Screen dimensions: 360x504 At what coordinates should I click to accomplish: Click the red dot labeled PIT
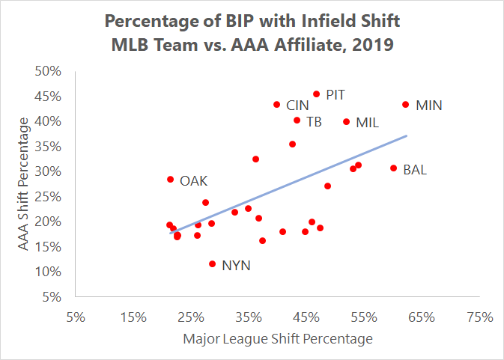coord(316,94)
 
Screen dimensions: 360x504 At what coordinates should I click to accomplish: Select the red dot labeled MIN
coord(405,105)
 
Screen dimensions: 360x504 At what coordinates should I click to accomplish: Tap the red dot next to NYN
coord(212,263)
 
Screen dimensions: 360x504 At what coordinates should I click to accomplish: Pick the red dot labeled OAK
coord(170,180)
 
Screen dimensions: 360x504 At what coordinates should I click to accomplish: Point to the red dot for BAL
coord(393,168)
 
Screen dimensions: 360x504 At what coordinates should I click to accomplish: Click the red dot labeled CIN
coord(276,105)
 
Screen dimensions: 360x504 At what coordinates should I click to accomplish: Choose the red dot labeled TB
coord(297,120)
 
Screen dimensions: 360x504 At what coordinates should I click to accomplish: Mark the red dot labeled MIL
coord(346,121)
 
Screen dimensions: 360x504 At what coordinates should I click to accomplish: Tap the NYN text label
coord(236,265)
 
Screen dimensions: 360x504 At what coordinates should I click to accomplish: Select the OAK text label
coord(193,180)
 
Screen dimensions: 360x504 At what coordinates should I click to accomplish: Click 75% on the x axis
coord(480,317)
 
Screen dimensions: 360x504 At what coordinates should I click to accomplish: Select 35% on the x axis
coord(249,317)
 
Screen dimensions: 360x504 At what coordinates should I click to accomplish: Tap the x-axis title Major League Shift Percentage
coord(277,339)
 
